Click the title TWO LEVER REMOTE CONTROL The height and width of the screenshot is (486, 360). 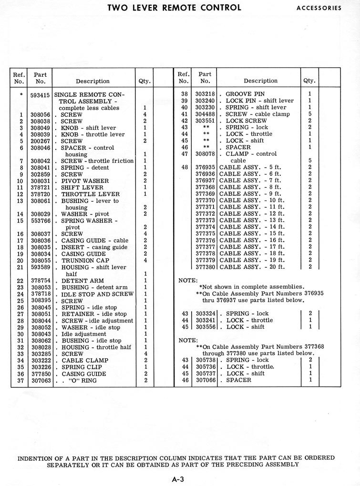tap(174, 8)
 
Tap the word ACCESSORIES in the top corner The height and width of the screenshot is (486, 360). tap(319, 8)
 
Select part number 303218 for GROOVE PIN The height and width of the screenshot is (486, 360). tap(205, 94)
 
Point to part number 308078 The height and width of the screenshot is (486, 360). tap(205, 154)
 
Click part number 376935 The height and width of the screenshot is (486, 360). tap(205, 167)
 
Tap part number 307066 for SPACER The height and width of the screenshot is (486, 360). tap(205, 380)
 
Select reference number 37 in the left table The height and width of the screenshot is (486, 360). tap(20, 381)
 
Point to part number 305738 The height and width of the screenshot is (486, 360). tap(205, 360)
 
